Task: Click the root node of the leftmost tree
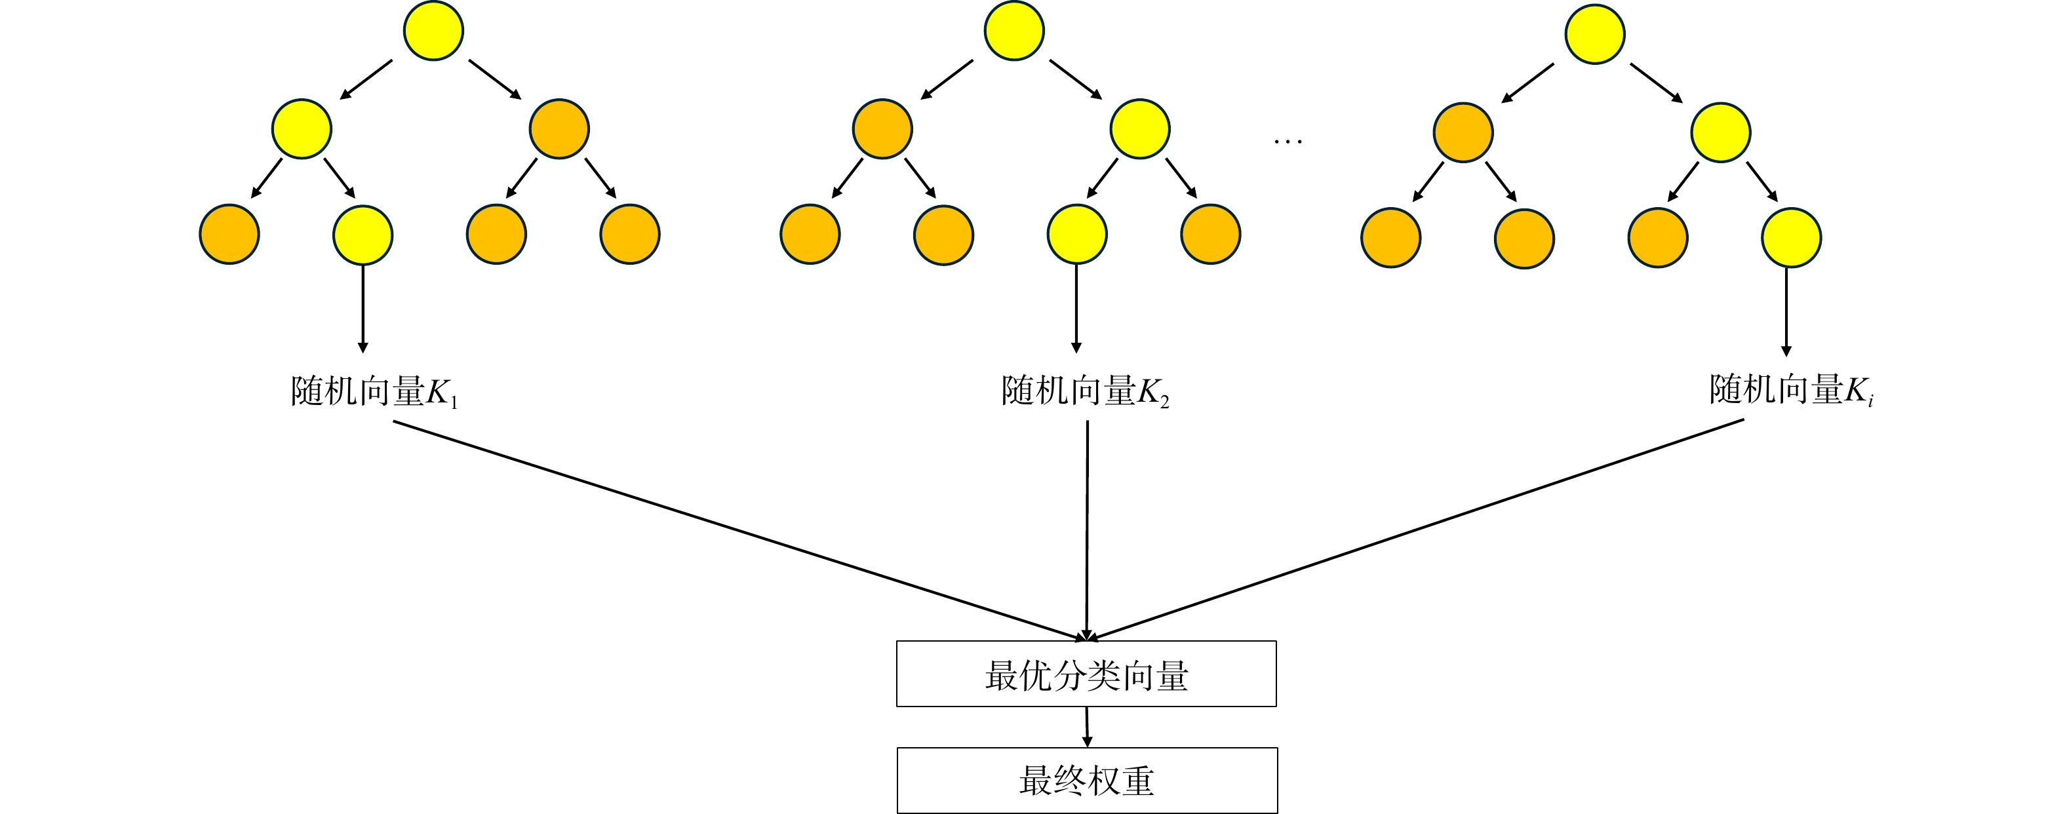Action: pyautogui.click(x=433, y=30)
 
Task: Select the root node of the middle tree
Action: pyautogui.click(x=1013, y=30)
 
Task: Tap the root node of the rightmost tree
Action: pyautogui.click(x=1594, y=33)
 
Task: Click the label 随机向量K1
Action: pyautogui.click(x=374, y=392)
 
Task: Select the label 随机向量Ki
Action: pyautogui.click(x=1791, y=390)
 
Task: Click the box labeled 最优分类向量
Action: pyautogui.click(x=1086, y=674)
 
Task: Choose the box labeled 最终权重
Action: pyautogui.click(x=1087, y=781)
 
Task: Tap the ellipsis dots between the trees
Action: pyautogui.click(x=1288, y=142)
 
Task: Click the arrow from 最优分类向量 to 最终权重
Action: pyautogui.click(x=1087, y=727)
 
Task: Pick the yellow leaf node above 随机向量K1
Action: pyautogui.click(x=363, y=235)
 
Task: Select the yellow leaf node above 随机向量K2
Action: pyautogui.click(x=1076, y=234)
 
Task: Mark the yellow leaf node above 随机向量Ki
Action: pyautogui.click(x=1791, y=237)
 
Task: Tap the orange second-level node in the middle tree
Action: pyautogui.click(x=882, y=128)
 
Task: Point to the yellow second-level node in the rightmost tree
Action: pyautogui.click(x=1720, y=132)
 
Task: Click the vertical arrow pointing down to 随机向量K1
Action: pyautogui.click(x=363, y=309)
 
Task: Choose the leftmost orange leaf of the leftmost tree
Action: pyautogui.click(x=229, y=234)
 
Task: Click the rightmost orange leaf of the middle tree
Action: pyautogui.click(x=1210, y=234)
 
